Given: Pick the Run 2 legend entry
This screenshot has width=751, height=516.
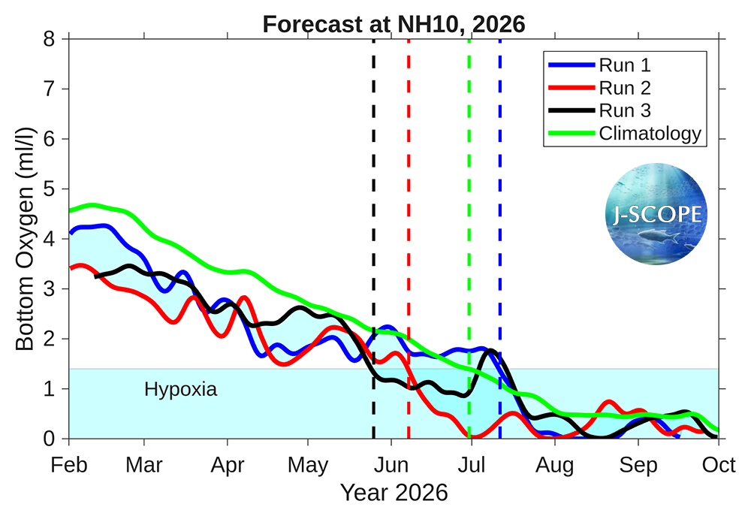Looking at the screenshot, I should (x=625, y=88).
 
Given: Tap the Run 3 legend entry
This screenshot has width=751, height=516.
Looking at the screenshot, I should (x=625, y=110).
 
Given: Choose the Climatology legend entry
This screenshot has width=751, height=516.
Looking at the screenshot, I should (x=650, y=134).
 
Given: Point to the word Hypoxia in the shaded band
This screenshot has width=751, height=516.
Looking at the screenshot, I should (x=180, y=390).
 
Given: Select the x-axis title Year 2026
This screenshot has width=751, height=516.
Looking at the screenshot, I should (x=394, y=493).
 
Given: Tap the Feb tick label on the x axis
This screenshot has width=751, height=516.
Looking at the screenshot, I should (x=69, y=465).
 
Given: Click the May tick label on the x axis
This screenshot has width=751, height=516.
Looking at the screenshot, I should (x=309, y=465).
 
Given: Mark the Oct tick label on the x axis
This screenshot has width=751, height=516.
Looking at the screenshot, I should (x=719, y=465).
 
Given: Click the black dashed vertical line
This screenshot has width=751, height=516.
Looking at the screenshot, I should (x=373, y=225).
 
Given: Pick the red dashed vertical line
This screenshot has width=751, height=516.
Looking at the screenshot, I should (x=409, y=225).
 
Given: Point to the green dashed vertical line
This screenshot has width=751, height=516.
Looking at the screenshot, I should (x=469, y=225).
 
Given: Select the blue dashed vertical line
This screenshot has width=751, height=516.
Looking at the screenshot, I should (x=500, y=225).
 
